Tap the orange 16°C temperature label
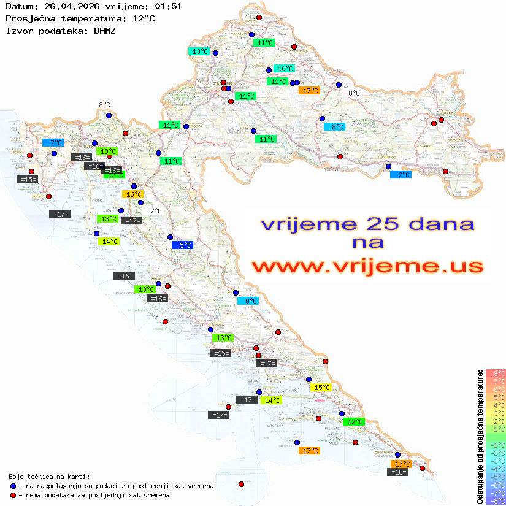pos(132,194)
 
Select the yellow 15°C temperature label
pos(321,388)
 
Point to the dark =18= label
pos(399,472)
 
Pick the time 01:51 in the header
pos(168,6)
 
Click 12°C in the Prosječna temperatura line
pos(143,18)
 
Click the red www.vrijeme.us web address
pos(367,267)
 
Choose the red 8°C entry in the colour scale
pos(496,374)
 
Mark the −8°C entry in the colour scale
pos(496,501)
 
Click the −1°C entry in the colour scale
pos(496,445)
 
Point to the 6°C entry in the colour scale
pos(496,389)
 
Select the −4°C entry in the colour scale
pos(496,469)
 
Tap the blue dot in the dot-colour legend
pos(13,486)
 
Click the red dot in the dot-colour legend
pos(13,495)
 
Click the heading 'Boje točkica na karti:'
pos(49,477)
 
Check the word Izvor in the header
pos(17,30)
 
